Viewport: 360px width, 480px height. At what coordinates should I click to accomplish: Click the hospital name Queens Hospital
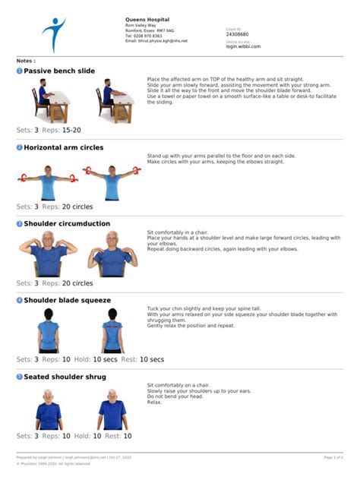(147, 19)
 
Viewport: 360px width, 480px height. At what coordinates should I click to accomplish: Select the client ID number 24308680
(237, 34)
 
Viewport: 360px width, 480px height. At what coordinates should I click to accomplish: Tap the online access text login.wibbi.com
(243, 46)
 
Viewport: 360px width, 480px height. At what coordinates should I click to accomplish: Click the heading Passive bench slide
(59, 71)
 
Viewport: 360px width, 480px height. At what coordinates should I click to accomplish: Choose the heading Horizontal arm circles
(63, 147)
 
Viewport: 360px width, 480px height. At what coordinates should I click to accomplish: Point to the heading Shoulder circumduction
(67, 224)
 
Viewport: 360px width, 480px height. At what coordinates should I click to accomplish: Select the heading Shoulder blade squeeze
(67, 300)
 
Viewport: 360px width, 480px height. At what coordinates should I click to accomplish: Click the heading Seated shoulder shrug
(65, 377)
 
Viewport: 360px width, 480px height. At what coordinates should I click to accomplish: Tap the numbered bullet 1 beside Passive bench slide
(20, 71)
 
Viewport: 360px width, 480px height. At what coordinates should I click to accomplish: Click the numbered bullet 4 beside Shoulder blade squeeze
(20, 300)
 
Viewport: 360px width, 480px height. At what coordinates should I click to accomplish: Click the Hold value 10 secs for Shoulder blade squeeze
(106, 359)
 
